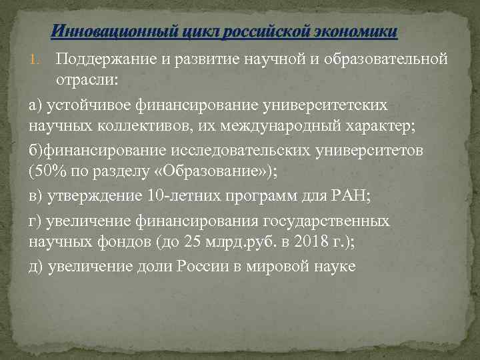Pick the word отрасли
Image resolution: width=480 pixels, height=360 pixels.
pyautogui.click(x=85, y=81)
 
